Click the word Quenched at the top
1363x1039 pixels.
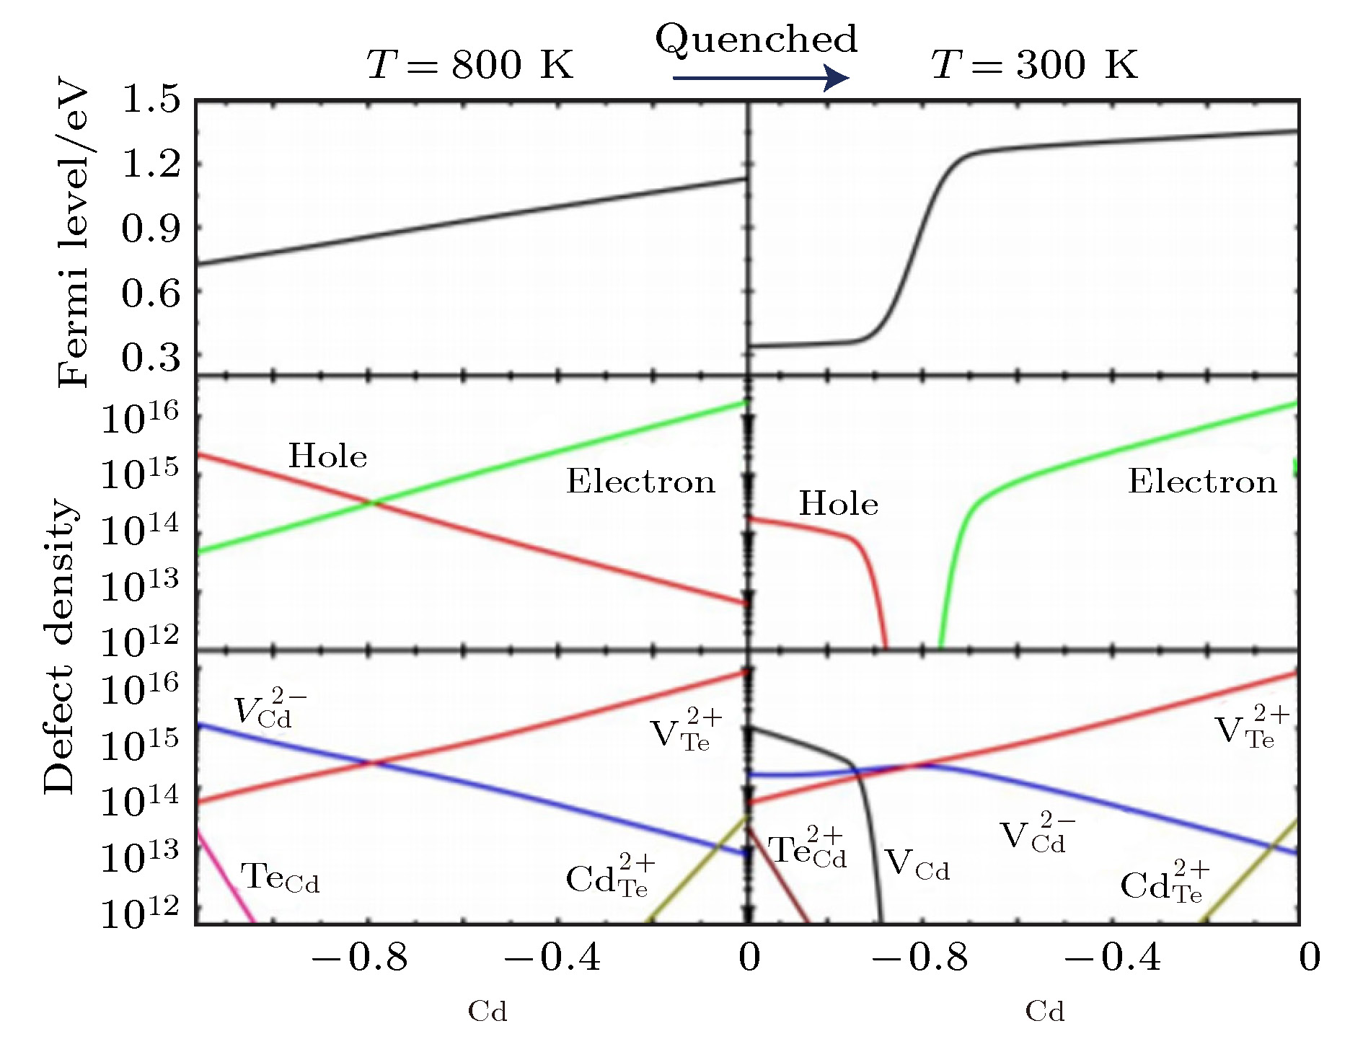756,40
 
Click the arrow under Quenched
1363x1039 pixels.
761,78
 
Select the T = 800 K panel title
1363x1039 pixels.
469,65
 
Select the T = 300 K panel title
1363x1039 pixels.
1034,65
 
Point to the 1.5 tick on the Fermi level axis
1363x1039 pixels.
151,100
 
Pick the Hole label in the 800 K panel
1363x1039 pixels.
327,456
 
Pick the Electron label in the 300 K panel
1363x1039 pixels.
1202,482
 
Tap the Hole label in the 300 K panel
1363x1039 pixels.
838,504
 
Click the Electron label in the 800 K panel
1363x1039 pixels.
640,482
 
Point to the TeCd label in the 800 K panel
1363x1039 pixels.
280,877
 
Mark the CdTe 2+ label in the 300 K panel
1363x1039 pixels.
1164,882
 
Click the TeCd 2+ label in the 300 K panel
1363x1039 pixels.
807,849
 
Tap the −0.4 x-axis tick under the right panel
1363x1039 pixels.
1112,958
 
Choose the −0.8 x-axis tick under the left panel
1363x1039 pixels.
359,958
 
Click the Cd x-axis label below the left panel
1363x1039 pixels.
488,1012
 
